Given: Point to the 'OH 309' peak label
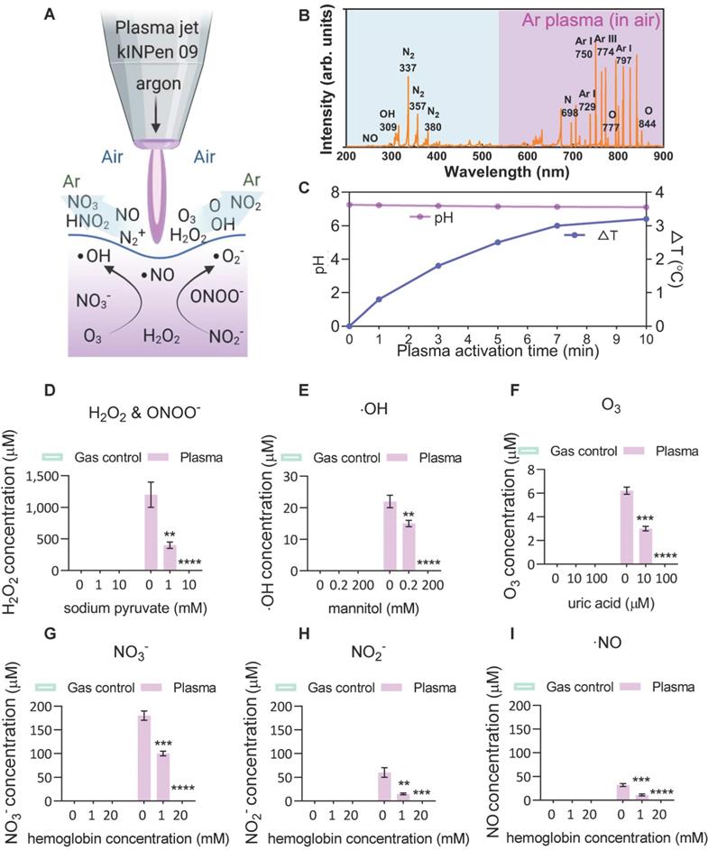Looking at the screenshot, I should (388, 120).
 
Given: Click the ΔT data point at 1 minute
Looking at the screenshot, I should (379, 299).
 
